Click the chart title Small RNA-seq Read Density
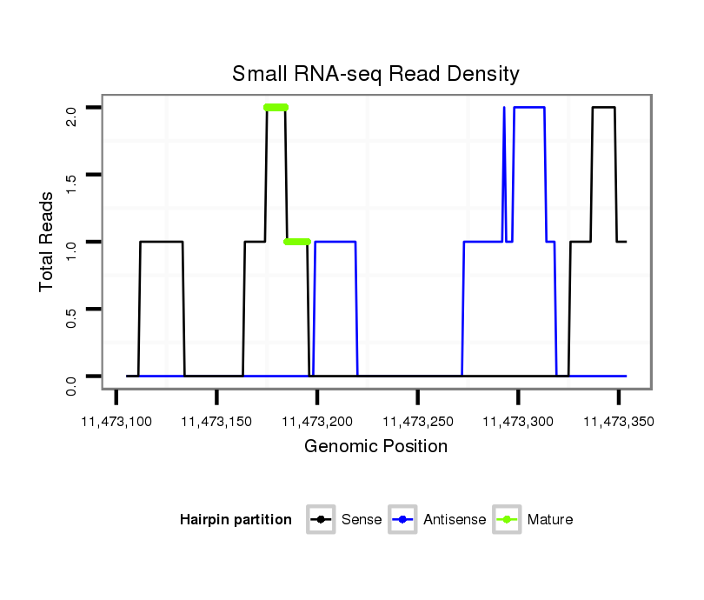pyautogui.click(x=375, y=74)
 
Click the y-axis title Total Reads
pyautogui.click(x=48, y=242)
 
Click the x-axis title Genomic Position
pyautogui.click(x=375, y=447)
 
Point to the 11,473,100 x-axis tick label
pyautogui.click(x=116, y=422)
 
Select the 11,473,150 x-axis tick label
pyautogui.click(x=216, y=422)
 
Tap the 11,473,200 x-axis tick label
pyautogui.click(x=317, y=422)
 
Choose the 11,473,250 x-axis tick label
pyautogui.click(x=418, y=422)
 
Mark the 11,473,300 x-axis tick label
pyautogui.click(x=518, y=422)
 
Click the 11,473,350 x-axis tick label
pyautogui.click(x=619, y=422)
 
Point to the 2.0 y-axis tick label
pyautogui.click(x=71, y=108)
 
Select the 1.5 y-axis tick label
pyautogui.click(x=71, y=175)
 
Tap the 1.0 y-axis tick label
pyautogui.click(x=71, y=242)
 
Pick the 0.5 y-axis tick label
pyautogui.click(x=71, y=309)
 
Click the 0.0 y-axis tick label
pyautogui.click(x=71, y=376)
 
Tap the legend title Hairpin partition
pyautogui.click(x=236, y=520)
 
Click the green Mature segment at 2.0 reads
pyautogui.click(x=276, y=108)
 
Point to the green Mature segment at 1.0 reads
pyautogui.click(x=297, y=242)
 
